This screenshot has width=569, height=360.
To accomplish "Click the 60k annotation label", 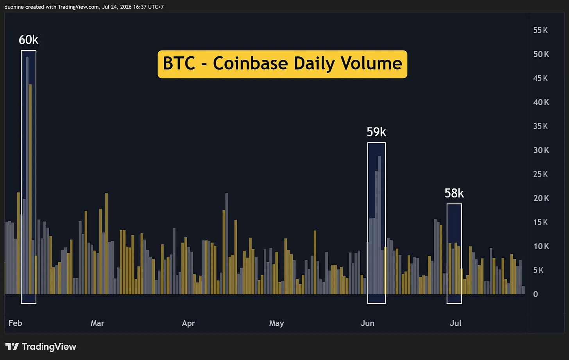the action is click(x=29, y=40).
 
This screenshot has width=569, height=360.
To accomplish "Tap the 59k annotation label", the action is click(x=376, y=132).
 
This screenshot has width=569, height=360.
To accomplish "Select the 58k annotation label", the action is click(x=454, y=193).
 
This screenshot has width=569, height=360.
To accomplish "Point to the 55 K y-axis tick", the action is click(x=540, y=30).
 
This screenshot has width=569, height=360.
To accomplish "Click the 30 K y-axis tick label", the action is click(x=541, y=150).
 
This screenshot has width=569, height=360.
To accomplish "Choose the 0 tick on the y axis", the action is click(x=535, y=294).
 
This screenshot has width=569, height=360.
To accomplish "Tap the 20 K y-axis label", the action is click(x=541, y=198).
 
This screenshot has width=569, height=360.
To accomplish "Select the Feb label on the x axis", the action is click(x=15, y=323).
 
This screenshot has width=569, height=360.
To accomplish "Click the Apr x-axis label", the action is click(x=188, y=323).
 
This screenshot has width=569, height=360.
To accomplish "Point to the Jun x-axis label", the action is click(x=367, y=323).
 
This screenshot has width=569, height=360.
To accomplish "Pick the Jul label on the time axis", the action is click(x=455, y=323).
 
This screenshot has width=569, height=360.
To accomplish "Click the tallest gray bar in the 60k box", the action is click(x=27, y=176).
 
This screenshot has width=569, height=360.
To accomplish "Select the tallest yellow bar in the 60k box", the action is click(x=30, y=189).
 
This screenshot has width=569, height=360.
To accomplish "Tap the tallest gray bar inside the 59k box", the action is click(x=379, y=225).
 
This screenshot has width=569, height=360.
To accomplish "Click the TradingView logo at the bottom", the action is click(x=41, y=347).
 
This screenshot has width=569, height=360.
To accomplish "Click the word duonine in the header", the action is click(x=14, y=7).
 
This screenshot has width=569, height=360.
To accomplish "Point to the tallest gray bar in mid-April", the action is click(x=227, y=244).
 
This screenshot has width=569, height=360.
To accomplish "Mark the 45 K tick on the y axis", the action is click(x=540, y=78).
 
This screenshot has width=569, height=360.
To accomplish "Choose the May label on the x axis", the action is click(x=277, y=323).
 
